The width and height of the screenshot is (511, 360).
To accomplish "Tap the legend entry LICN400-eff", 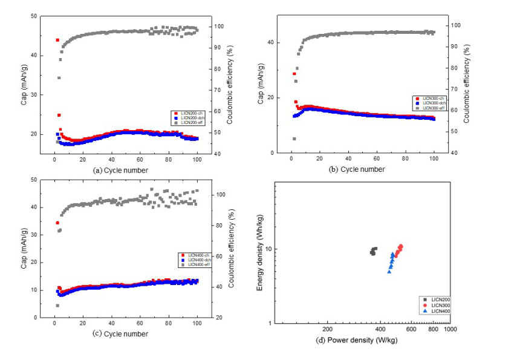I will (x=194, y=264).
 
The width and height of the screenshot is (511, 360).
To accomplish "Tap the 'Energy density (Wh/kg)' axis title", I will (x=260, y=254).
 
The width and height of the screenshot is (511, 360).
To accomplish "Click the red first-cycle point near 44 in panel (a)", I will (x=57, y=40).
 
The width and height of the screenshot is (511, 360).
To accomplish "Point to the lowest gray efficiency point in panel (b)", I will (x=294, y=139).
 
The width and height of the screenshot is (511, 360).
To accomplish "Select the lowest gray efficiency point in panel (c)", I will (x=57, y=306).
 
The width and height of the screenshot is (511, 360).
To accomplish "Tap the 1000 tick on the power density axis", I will (x=449, y=330).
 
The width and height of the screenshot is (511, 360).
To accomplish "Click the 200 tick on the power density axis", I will (x=327, y=330).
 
